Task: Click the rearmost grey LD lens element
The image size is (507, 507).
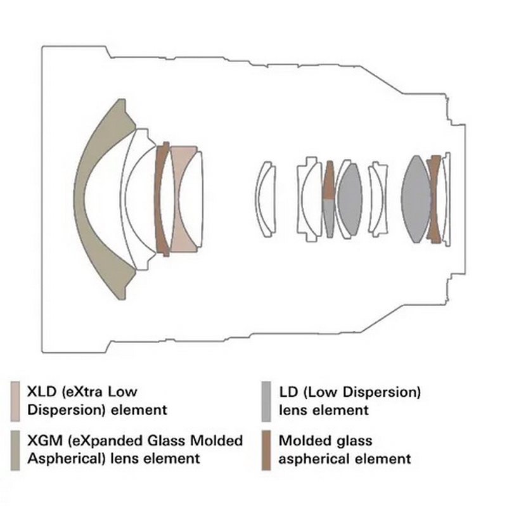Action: pyautogui.click(x=416, y=199)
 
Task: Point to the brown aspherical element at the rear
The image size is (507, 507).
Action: pyautogui.click(x=434, y=199)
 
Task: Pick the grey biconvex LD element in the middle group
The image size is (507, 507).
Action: pyautogui.click(x=350, y=199)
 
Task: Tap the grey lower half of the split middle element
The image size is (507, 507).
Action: pyautogui.click(x=329, y=217)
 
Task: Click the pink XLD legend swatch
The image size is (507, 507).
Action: pyautogui.click(x=15, y=401)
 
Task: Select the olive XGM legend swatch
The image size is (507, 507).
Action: pyautogui.click(x=15, y=450)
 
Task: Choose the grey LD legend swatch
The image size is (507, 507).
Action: pyautogui.click(x=266, y=401)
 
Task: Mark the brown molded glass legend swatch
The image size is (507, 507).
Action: pyautogui.click(x=266, y=450)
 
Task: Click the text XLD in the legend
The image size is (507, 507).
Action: pyautogui.click(x=42, y=392)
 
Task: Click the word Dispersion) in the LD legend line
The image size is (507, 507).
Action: pyautogui.click(x=382, y=392)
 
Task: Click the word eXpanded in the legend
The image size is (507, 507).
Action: pyautogui.click(x=105, y=441)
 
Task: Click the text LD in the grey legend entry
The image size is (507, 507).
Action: pyautogui.click(x=288, y=392)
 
